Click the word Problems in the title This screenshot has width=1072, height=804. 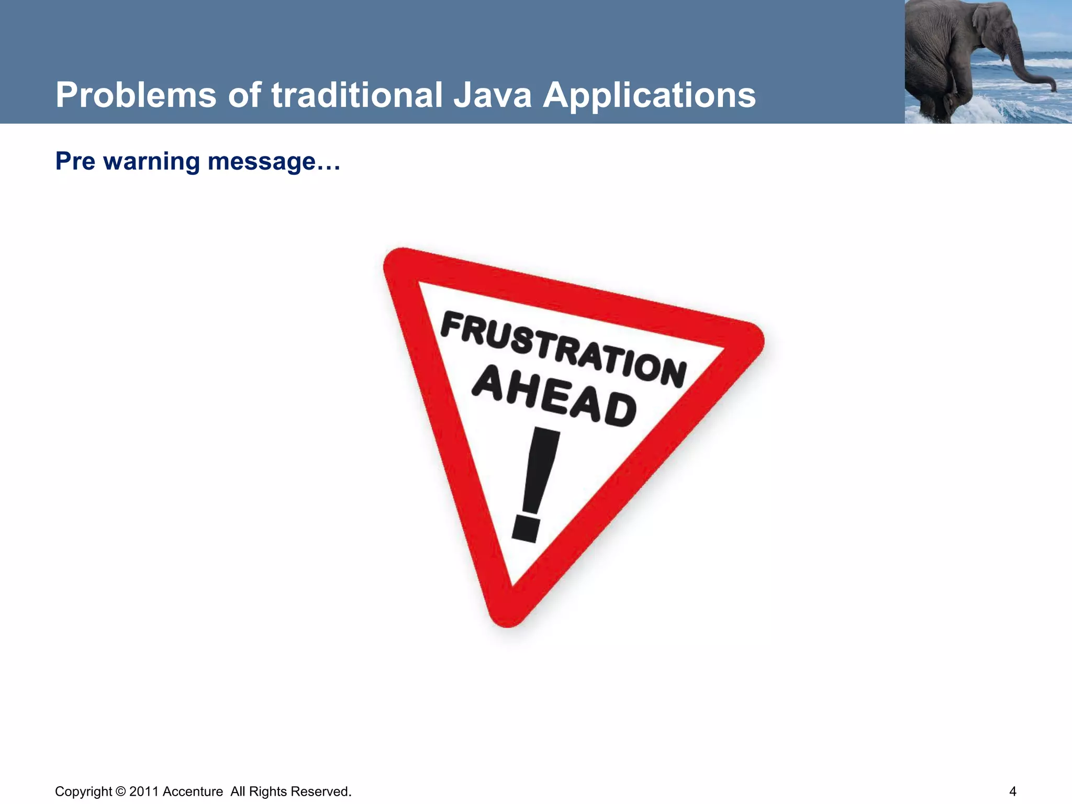136,96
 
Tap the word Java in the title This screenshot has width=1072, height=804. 492,96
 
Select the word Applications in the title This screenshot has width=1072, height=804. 649,96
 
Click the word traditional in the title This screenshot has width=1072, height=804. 356,96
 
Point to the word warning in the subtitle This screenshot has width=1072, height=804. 152,161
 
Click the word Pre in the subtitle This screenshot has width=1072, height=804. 75,161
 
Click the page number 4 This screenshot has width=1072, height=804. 1012,791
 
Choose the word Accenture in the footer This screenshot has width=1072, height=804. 193,791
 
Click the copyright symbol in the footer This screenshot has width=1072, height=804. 120,791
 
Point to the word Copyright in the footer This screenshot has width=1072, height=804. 83,791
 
